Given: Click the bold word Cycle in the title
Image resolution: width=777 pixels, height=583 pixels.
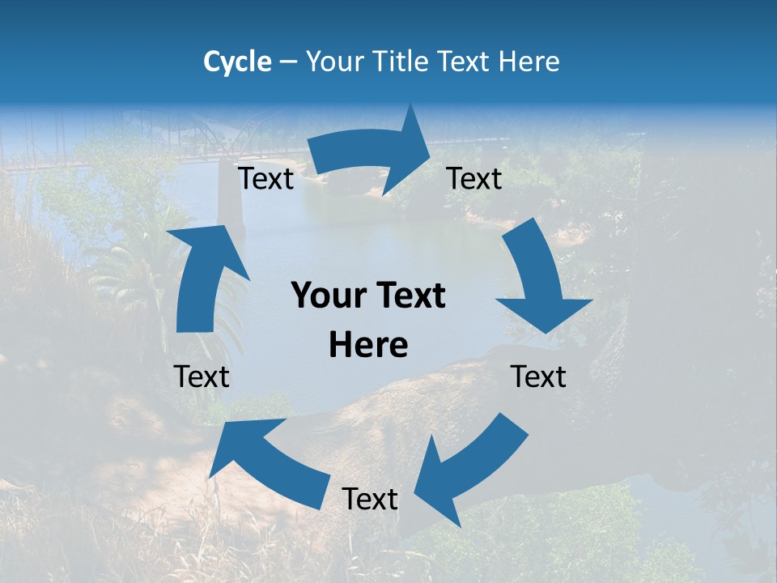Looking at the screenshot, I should (237, 62).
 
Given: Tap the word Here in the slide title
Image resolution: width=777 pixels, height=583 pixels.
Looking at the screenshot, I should (529, 62).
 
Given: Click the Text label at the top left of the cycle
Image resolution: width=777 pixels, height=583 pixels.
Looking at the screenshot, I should (265, 179).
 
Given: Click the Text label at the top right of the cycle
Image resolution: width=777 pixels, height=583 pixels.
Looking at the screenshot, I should (474, 179).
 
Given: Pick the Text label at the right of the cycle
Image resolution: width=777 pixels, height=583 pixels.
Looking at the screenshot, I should (538, 377).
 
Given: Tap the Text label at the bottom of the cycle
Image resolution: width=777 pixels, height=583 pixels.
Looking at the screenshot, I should (370, 500).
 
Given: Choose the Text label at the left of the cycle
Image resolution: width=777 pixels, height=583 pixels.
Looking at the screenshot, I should (202, 377).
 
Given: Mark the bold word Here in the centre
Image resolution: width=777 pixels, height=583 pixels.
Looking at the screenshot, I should (368, 345).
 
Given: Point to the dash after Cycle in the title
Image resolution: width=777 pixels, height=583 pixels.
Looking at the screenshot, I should (288, 62).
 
